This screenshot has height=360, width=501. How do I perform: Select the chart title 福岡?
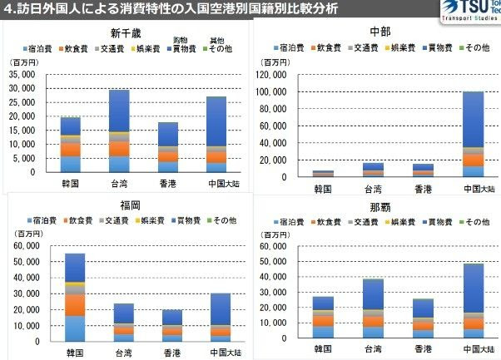click(x=126, y=205)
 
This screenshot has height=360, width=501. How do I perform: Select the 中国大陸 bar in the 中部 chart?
click(x=473, y=134)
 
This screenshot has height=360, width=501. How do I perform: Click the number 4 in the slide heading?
click(x=7, y=10)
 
